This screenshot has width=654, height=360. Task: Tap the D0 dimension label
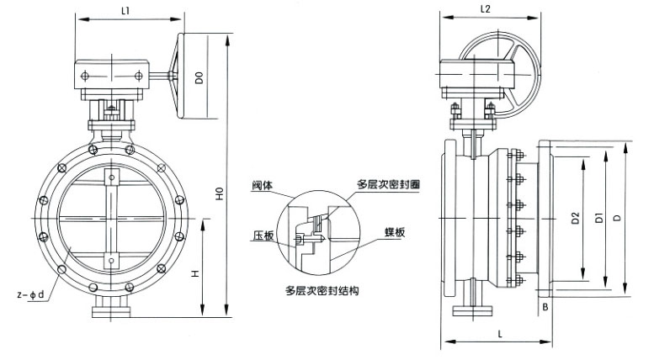click(x=199, y=81)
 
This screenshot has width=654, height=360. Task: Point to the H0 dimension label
click(x=219, y=197)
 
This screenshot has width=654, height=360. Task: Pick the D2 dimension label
click(x=575, y=220)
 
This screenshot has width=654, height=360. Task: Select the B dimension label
click(x=546, y=308)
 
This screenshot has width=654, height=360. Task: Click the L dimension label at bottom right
click(x=500, y=334)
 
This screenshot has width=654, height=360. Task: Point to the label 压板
click(x=262, y=236)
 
